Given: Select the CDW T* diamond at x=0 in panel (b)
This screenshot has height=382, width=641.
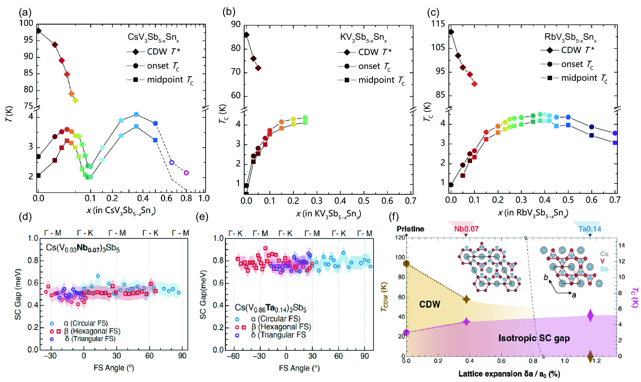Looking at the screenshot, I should pyautogui.click(x=246, y=35).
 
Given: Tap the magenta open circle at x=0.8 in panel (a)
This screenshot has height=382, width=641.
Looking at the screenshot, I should pyautogui.click(x=186, y=173).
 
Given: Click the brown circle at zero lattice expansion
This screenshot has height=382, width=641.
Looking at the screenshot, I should pyautogui.click(x=406, y=264).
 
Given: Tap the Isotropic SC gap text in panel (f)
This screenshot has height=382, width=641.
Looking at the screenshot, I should pyautogui.click(x=534, y=339).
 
